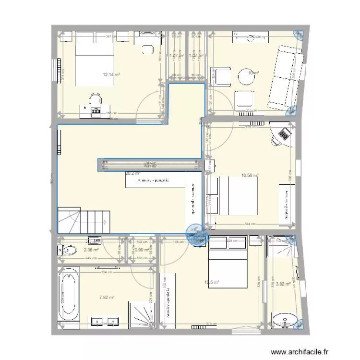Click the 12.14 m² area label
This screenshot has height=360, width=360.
(111, 74)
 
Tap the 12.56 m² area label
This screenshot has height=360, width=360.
(250, 176)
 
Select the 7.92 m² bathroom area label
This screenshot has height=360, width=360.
(106, 298)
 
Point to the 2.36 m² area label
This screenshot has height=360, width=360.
(91, 250)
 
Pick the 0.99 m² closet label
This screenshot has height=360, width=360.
(142, 250)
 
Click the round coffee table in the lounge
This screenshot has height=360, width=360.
(247, 75)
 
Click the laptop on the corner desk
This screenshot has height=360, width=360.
(284, 132)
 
